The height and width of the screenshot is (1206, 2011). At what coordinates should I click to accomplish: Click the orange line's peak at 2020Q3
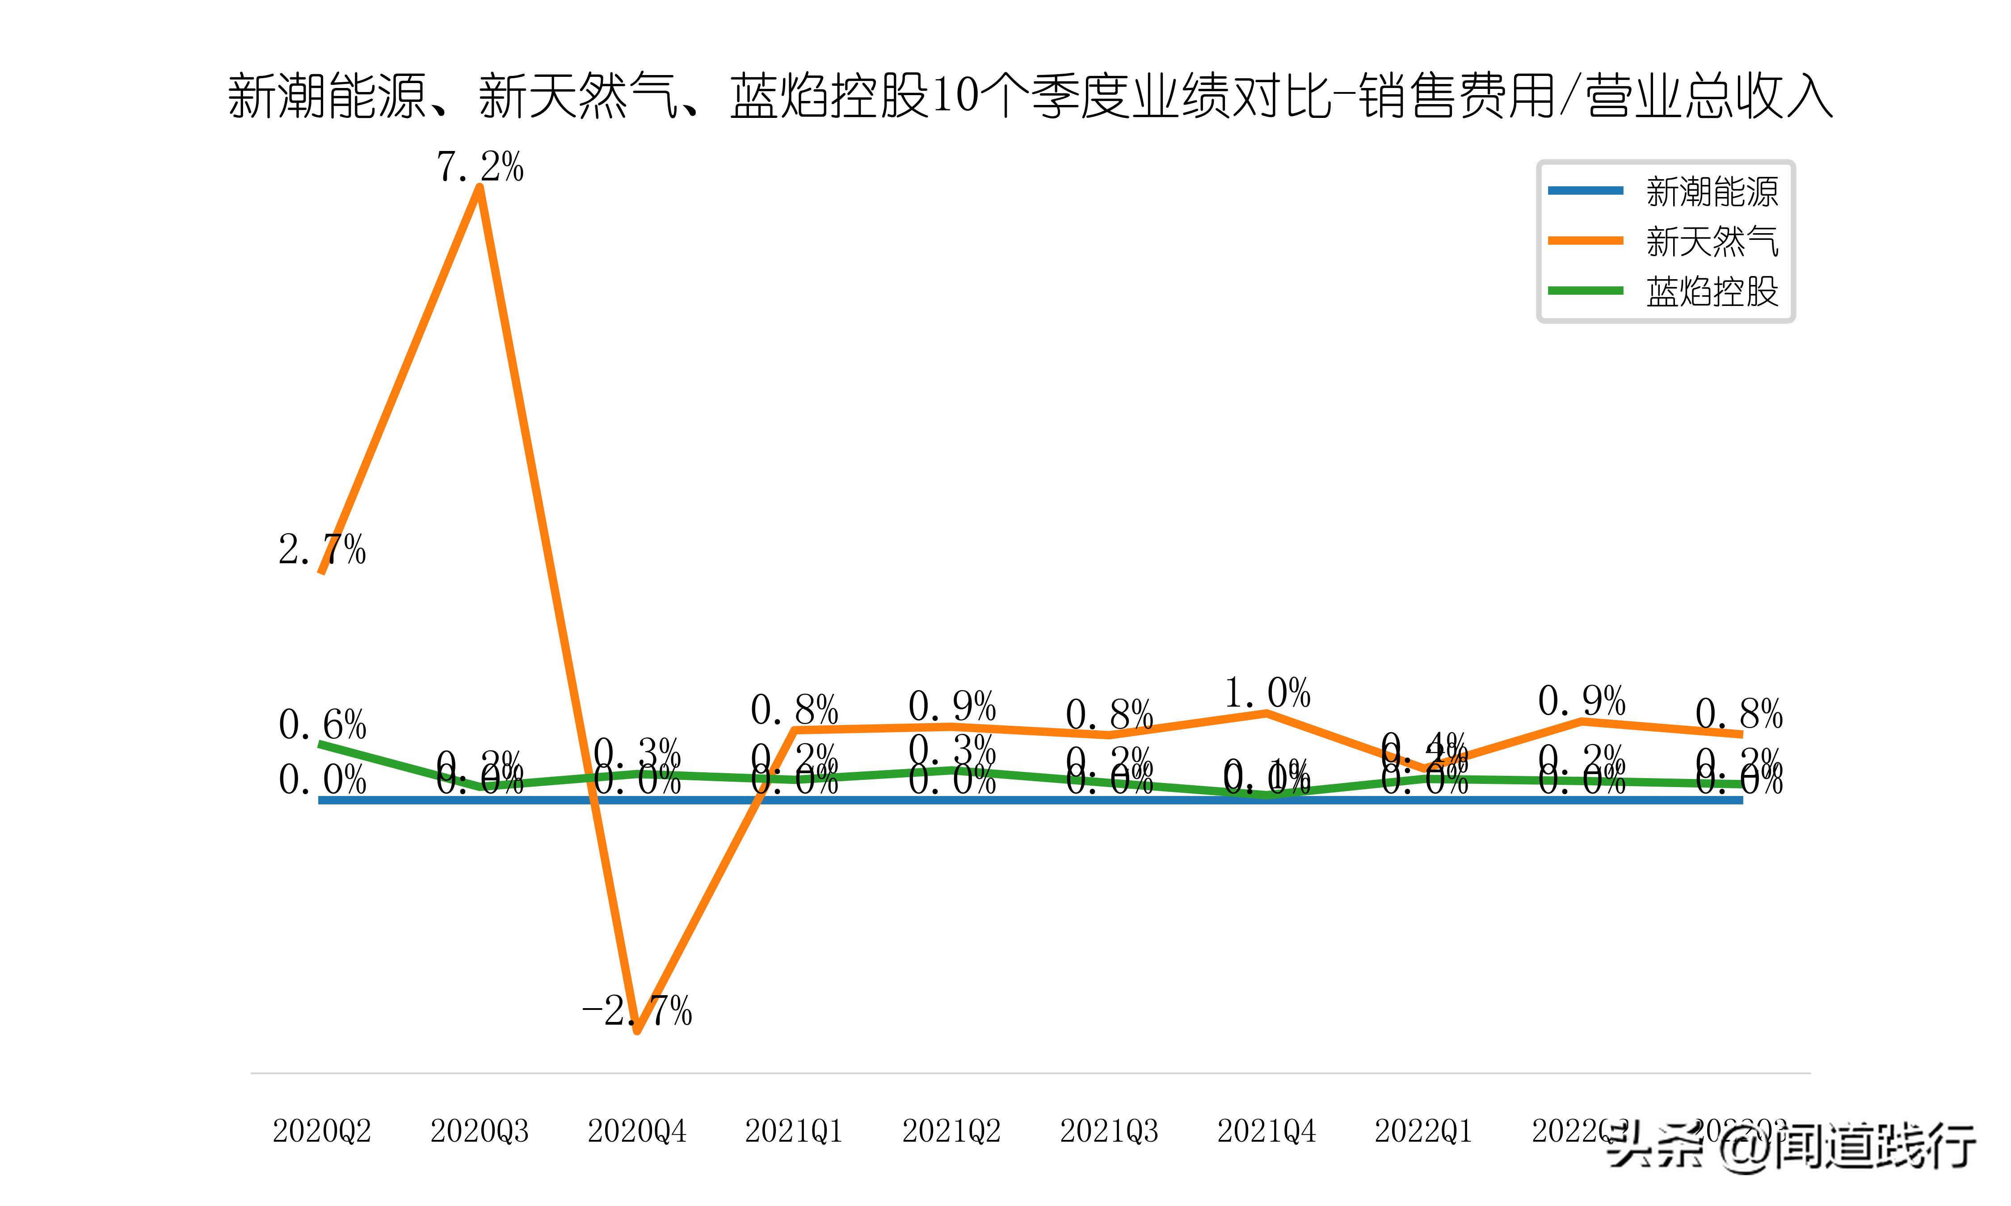[480, 188]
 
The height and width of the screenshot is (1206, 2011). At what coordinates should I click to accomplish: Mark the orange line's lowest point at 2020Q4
[637, 1030]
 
